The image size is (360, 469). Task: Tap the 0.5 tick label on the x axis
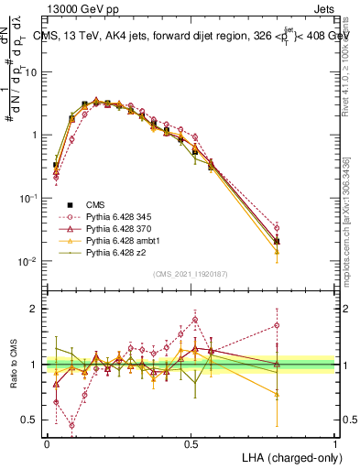(x=191, y=442)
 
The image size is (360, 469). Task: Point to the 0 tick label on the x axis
(x=47, y=442)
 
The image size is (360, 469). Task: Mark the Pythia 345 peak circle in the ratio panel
(x=194, y=320)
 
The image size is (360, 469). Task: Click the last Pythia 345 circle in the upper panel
(x=277, y=228)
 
